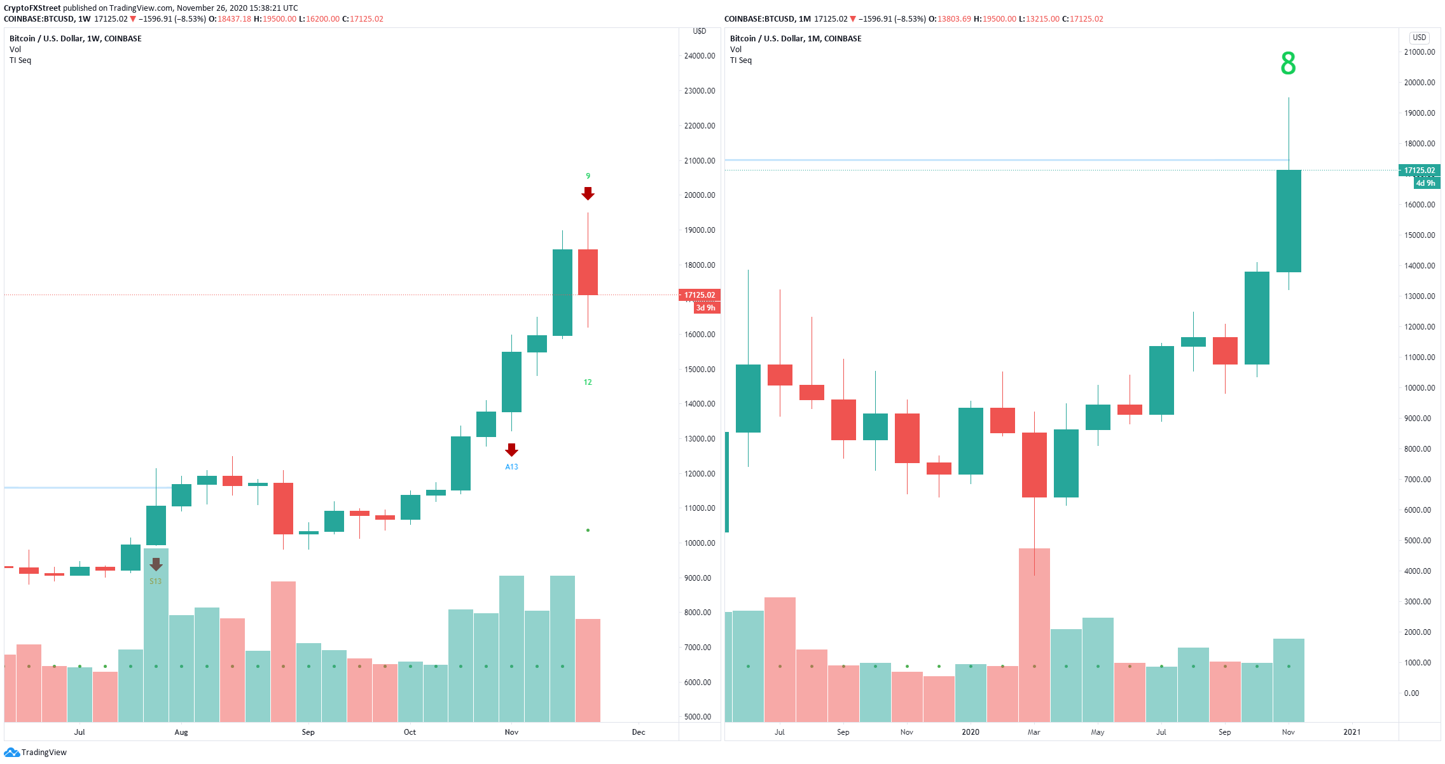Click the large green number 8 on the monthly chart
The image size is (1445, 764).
click(1288, 64)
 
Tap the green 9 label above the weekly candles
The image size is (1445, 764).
click(588, 176)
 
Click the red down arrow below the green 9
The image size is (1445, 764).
click(588, 193)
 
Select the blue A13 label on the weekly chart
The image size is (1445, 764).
click(511, 467)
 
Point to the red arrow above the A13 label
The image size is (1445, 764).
click(511, 450)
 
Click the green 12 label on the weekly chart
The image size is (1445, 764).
click(588, 382)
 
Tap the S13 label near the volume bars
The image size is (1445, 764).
click(155, 581)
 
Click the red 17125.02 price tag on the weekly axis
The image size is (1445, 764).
click(700, 295)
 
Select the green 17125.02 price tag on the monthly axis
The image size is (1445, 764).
click(1420, 170)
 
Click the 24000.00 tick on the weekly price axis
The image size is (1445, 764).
click(700, 56)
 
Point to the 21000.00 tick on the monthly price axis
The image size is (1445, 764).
click(1420, 52)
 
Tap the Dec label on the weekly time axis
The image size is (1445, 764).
click(639, 732)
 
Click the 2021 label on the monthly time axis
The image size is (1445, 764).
click(1352, 732)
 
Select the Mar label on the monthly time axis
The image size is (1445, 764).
click(1034, 732)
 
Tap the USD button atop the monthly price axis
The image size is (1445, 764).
click(1420, 38)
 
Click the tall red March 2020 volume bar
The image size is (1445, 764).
click(1034, 635)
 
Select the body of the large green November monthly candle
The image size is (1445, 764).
click(1289, 221)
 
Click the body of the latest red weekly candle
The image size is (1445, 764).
click(588, 272)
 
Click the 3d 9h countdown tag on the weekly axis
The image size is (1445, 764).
click(706, 308)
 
